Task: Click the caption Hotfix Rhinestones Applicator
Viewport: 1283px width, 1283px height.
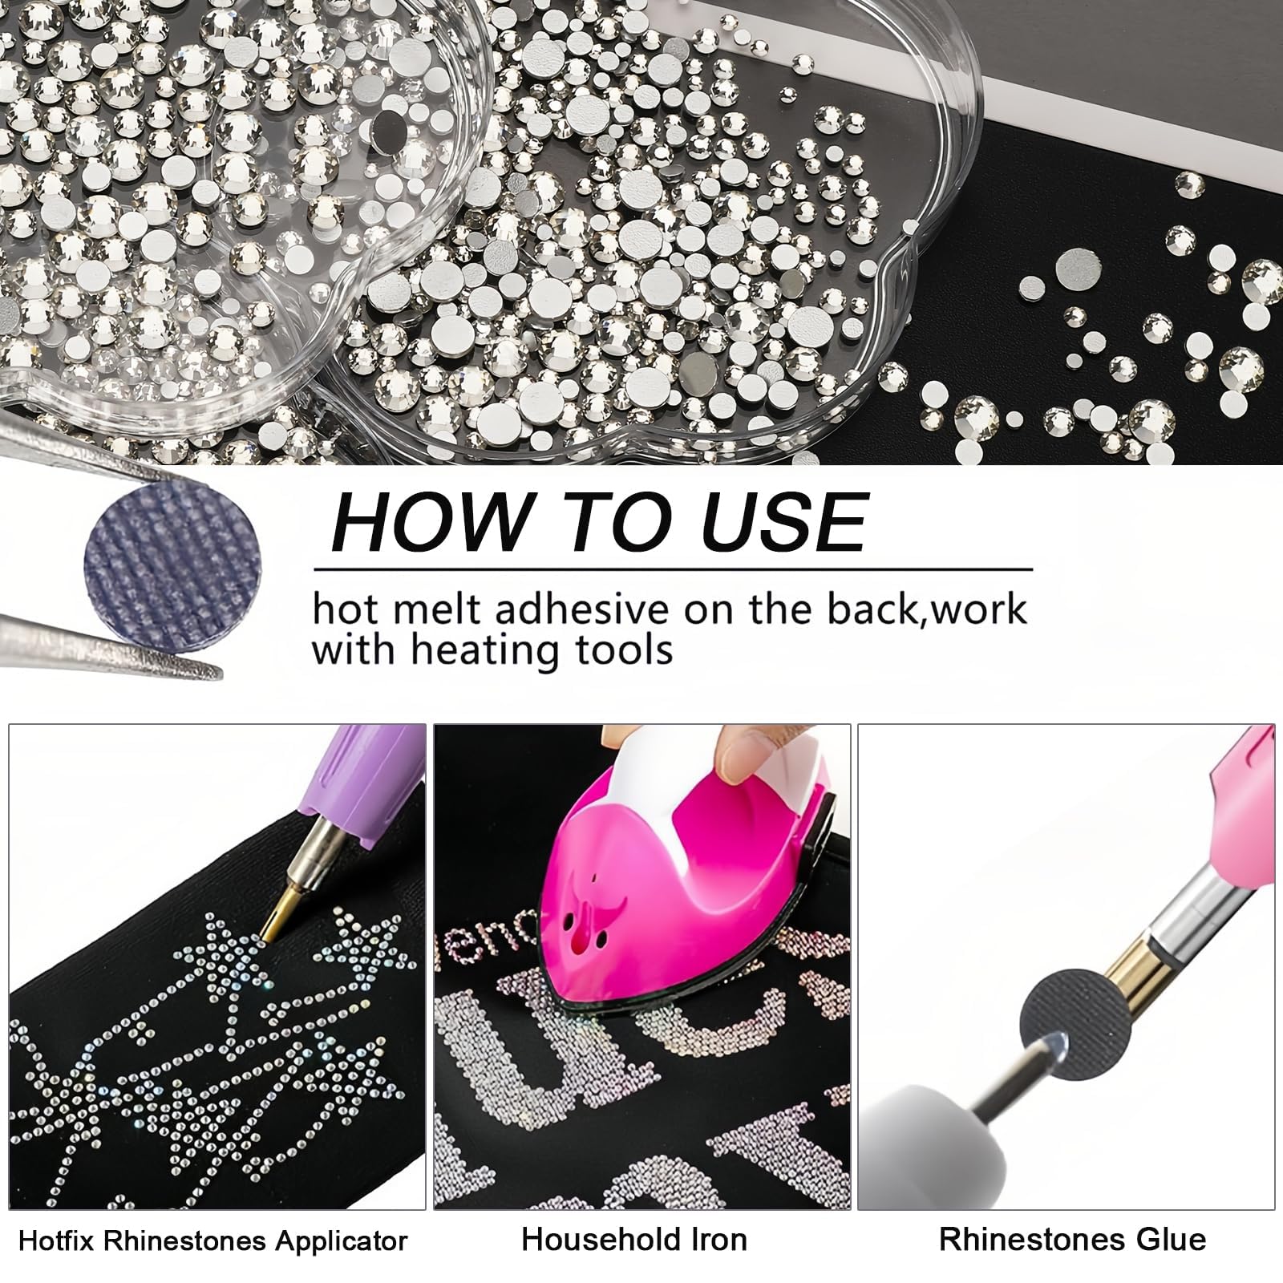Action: point(212,1242)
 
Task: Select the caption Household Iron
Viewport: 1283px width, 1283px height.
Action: point(634,1240)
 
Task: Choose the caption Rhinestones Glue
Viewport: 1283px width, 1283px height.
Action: point(1072,1240)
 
